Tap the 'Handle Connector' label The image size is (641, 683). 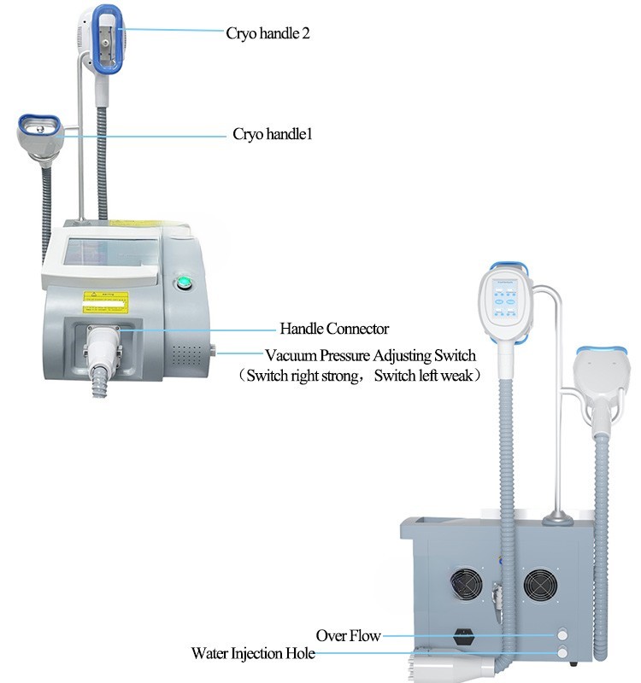tap(334, 328)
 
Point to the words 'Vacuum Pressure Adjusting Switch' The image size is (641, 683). tap(370, 355)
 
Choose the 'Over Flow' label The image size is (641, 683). tap(348, 635)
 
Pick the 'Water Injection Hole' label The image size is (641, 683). tap(253, 654)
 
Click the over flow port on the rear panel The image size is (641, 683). tap(562, 634)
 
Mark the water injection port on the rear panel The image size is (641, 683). tap(562, 653)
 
